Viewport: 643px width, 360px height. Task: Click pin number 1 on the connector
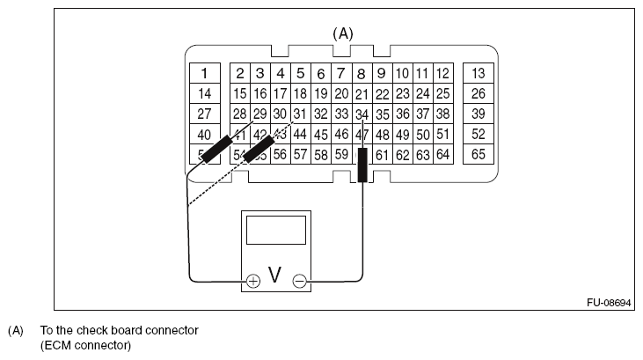pyautogui.click(x=204, y=73)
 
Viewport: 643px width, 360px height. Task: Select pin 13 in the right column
pyautogui.click(x=479, y=73)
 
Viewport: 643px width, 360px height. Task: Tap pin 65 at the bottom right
pyautogui.click(x=479, y=155)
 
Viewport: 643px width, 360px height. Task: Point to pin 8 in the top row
pyautogui.click(x=362, y=74)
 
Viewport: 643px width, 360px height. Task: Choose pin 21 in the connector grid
pyautogui.click(x=362, y=94)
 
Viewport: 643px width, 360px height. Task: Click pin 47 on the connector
pyautogui.click(x=362, y=135)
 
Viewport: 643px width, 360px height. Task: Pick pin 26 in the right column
pyautogui.click(x=479, y=93)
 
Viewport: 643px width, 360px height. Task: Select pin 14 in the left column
pyautogui.click(x=204, y=93)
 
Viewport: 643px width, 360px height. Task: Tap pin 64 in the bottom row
pyautogui.click(x=442, y=155)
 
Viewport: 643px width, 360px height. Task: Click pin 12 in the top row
pyautogui.click(x=442, y=74)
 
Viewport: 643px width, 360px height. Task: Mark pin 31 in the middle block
pyautogui.click(x=300, y=114)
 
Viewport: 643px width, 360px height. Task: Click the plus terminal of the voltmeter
pyautogui.click(x=253, y=281)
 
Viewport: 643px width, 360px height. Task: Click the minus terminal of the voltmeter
pyautogui.click(x=299, y=281)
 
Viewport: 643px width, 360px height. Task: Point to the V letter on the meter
pyautogui.click(x=275, y=277)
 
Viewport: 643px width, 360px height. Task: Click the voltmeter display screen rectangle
pyautogui.click(x=275, y=231)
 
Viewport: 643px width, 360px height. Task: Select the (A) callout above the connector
pyautogui.click(x=342, y=33)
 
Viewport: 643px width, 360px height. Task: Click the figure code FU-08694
pyautogui.click(x=609, y=302)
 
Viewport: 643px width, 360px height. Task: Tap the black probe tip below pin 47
pyautogui.click(x=362, y=165)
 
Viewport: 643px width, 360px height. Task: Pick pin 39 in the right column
pyautogui.click(x=479, y=114)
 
